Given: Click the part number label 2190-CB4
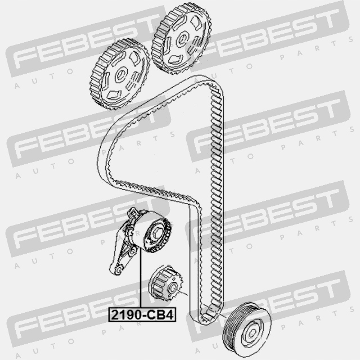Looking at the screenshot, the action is (142, 314).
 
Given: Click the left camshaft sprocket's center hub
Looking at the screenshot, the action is (121, 74).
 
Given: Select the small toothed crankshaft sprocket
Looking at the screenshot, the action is (165, 283).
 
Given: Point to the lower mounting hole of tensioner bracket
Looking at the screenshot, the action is (119, 269).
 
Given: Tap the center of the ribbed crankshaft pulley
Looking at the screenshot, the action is (252, 332).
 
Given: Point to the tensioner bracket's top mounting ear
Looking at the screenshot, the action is (133, 213).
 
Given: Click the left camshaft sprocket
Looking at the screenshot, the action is (120, 74).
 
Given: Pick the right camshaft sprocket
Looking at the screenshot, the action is (181, 39).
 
